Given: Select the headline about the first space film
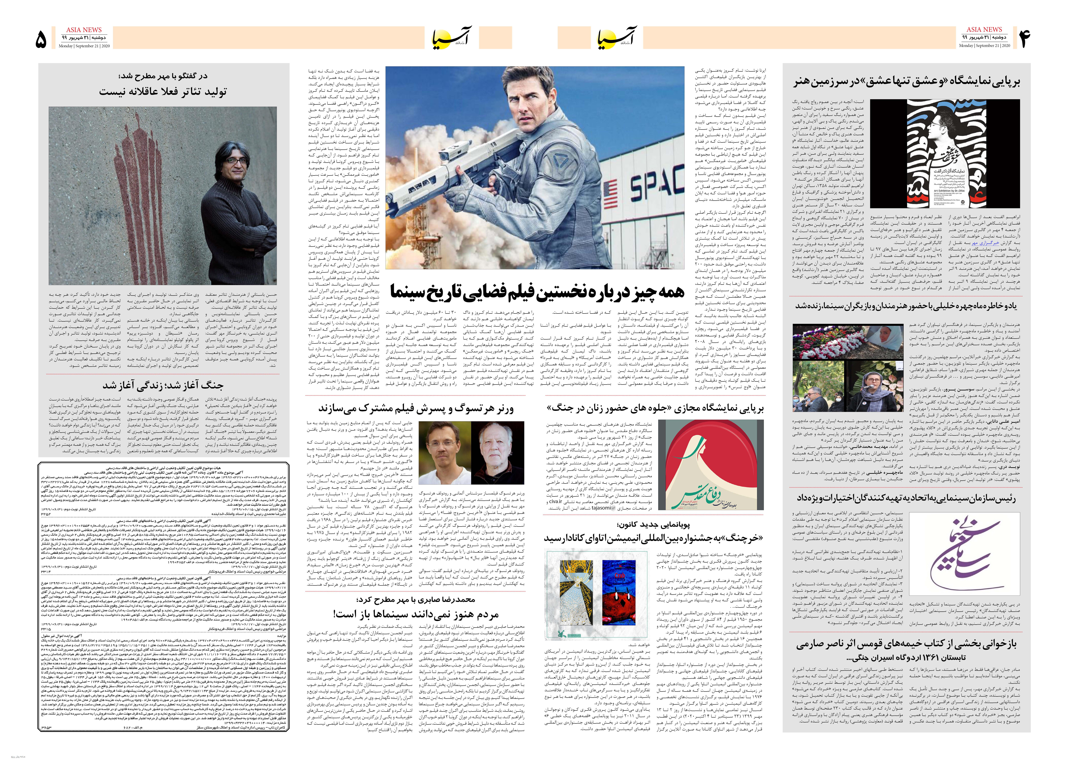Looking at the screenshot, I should (x=536, y=292).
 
